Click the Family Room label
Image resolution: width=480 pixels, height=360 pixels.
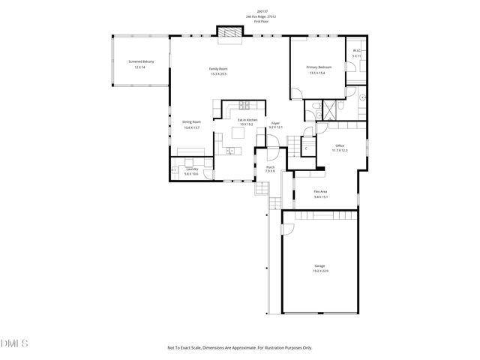pos(217,69)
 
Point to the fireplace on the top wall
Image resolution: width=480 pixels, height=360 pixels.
pos(229,32)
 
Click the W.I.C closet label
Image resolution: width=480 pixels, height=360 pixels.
pos(357,51)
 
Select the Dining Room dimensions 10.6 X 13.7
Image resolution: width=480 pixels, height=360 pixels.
pos(191,127)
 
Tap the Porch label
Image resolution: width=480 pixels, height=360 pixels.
pos(270,167)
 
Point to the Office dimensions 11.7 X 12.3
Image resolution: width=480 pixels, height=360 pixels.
pos(340,151)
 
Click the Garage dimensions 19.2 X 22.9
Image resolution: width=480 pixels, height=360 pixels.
pos(321,270)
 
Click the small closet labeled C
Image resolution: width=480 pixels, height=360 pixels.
pos(306,148)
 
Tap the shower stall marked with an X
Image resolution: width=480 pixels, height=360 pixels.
pos(328,110)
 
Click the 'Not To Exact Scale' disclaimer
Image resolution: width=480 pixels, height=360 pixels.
pos(239,347)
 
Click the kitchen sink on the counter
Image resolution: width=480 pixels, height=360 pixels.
pos(231,151)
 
